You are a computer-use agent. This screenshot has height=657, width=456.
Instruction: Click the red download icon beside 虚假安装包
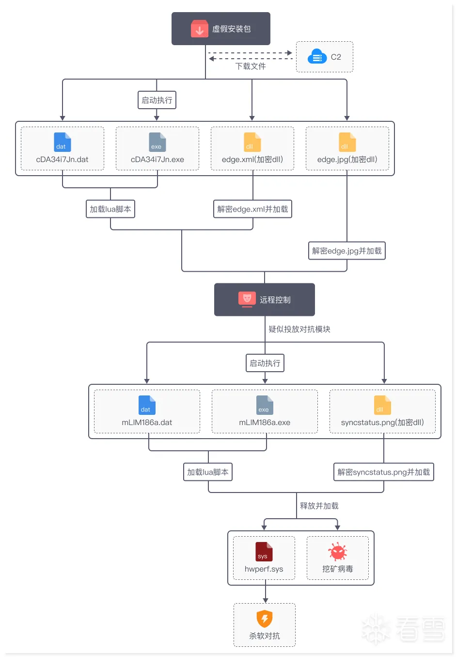tap(199, 29)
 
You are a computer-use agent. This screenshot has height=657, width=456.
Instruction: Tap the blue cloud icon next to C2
tap(317, 56)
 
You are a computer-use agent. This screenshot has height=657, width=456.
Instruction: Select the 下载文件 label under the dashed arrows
tap(251, 66)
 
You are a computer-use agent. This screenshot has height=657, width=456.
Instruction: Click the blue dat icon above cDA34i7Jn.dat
tap(62, 142)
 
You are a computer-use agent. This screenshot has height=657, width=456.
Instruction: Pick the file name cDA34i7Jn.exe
tap(157, 159)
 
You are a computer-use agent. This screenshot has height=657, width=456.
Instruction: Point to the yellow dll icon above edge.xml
tap(252, 142)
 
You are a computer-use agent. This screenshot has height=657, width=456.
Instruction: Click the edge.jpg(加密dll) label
tap(347, 159)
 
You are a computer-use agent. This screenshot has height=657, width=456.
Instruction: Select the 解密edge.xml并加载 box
tap(252, 209)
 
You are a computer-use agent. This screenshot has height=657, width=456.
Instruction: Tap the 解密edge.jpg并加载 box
tap(347, 251)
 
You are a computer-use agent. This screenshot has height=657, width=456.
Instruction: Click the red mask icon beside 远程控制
tap(247, 299)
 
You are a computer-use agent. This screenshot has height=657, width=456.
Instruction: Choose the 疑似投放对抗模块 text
tap(299, 329)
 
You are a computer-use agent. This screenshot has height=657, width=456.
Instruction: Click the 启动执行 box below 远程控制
tap(265, 363)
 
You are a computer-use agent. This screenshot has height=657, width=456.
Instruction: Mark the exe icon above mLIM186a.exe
tap(265, 405)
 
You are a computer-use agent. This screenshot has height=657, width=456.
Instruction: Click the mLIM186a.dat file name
tap(147, 422)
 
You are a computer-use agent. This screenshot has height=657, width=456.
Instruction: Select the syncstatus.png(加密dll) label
tap(382, 422)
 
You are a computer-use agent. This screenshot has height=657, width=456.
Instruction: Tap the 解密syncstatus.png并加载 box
tap(384, 472)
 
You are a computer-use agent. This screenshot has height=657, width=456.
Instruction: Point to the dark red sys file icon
tap(264, 552)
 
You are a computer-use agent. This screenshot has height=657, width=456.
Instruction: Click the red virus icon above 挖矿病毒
tap(337, 552)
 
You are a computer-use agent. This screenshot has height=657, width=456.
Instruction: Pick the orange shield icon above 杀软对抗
tap(265, 619)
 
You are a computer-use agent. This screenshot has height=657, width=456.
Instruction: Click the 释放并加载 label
tap(319, 506)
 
